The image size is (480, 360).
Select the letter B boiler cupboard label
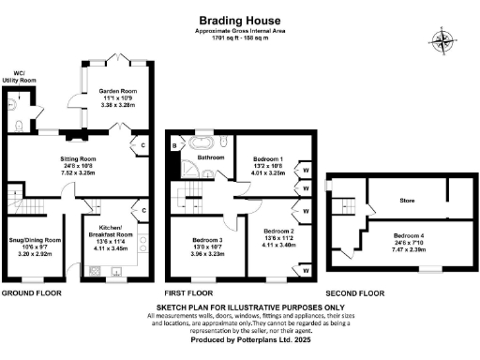click(x=174, y=145)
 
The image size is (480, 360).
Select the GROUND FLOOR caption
click(x=31, y=293)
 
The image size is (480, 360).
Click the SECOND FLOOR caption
click(x=354, y=293)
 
